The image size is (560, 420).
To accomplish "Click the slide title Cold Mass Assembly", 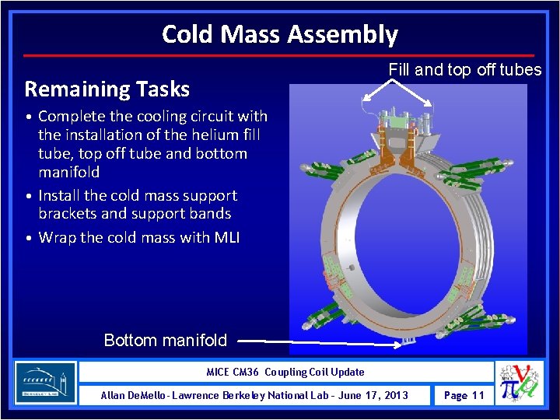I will (279, 34).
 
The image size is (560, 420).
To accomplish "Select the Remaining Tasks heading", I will (107, 89).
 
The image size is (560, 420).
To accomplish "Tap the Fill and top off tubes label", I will (464, 70).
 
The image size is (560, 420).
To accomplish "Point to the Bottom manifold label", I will (165, 340).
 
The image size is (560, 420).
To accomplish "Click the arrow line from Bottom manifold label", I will (311, 341).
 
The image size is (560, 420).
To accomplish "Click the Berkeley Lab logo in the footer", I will (46, 383).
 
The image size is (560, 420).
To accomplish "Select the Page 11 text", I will (463, 395).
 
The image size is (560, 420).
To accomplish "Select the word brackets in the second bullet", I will (67, 213).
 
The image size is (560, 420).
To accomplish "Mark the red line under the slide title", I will (279, 55).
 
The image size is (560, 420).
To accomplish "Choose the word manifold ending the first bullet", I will (69, 172).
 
